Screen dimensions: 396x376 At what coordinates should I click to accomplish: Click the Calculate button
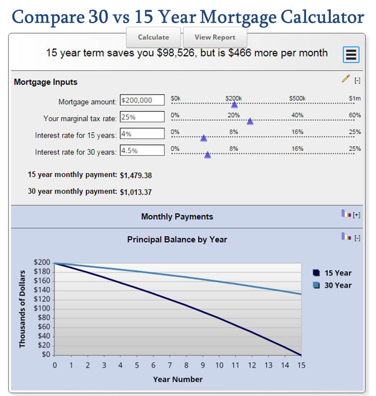153,37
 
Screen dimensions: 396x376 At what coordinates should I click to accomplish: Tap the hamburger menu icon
351,55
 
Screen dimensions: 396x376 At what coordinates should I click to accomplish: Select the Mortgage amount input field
142,100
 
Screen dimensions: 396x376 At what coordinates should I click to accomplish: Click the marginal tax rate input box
142,117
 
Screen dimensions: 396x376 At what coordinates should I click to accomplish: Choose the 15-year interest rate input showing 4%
142,134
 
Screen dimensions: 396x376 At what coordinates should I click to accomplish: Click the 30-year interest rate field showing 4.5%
142,150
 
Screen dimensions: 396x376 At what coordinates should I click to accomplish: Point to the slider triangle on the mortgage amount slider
234,104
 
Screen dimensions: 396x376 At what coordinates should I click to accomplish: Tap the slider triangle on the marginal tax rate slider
250,121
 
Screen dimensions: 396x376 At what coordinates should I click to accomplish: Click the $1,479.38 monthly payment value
136,175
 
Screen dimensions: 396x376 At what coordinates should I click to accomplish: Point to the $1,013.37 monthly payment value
136,192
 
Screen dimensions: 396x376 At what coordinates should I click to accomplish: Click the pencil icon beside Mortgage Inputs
345,79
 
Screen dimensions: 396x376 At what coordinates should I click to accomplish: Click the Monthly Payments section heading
177,217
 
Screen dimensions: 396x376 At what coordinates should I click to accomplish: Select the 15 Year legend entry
333,273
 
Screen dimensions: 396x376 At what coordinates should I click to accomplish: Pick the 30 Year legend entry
333,285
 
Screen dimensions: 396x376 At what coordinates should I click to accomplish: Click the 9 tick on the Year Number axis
203,365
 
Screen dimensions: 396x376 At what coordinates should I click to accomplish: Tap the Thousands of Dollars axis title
22,309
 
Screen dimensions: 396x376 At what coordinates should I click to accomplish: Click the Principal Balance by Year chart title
177,240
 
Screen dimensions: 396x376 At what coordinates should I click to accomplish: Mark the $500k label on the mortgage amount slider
297,98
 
